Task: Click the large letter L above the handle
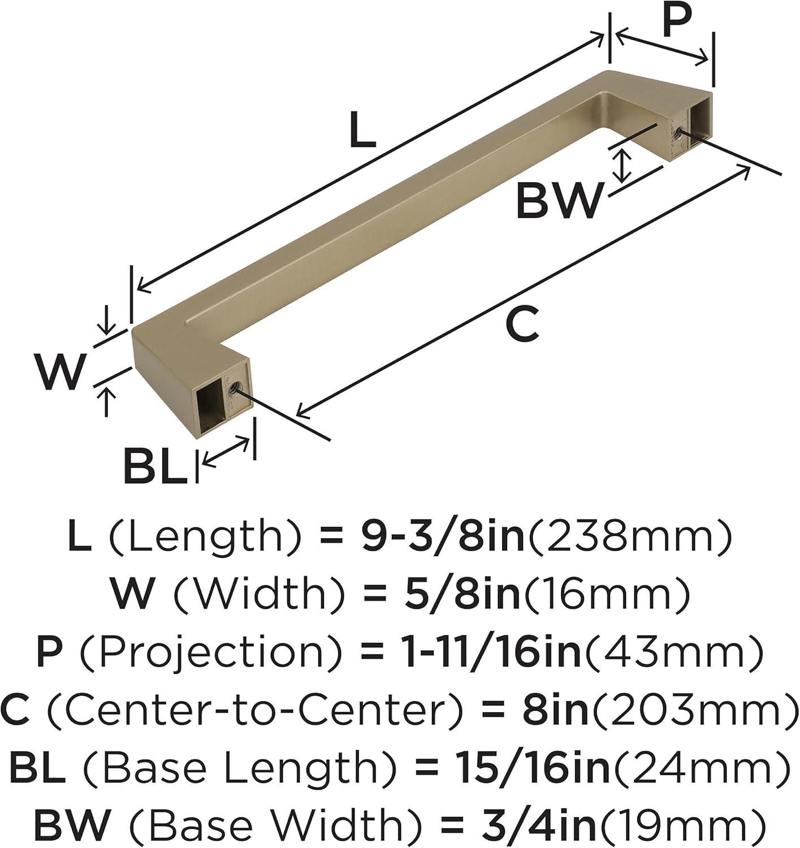coord(362,129)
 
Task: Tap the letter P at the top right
coord(678,21)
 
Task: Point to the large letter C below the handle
coord(522,323)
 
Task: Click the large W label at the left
coord(60,370)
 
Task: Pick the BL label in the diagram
coord(155,465)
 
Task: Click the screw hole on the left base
coord(235,388)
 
